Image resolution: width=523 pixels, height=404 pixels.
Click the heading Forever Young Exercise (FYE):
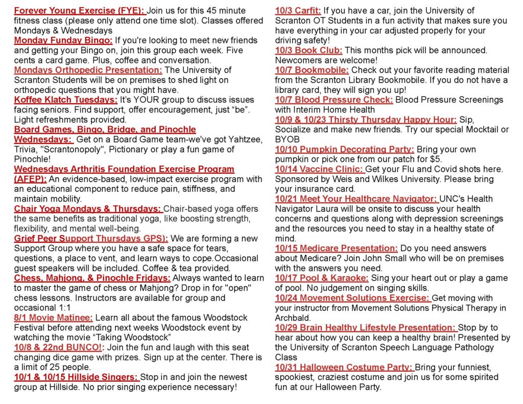coord(80,11)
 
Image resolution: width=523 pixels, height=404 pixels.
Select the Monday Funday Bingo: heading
coord(63,40)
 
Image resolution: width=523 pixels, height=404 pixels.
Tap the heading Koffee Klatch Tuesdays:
coord(66,100)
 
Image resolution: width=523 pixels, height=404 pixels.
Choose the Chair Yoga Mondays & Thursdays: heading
coord(88,208)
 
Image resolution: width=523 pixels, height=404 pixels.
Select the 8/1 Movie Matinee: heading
coord(54,317)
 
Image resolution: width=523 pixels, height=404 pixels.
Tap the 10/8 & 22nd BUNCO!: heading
coord(59,347)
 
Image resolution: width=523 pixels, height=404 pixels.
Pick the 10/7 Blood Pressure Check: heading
coord(334,100)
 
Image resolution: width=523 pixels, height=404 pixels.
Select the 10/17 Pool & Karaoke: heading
coord(322,278)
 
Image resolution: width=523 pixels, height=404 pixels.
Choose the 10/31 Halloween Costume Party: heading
coord(344,367)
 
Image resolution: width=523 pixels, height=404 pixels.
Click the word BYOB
coord(287,139)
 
